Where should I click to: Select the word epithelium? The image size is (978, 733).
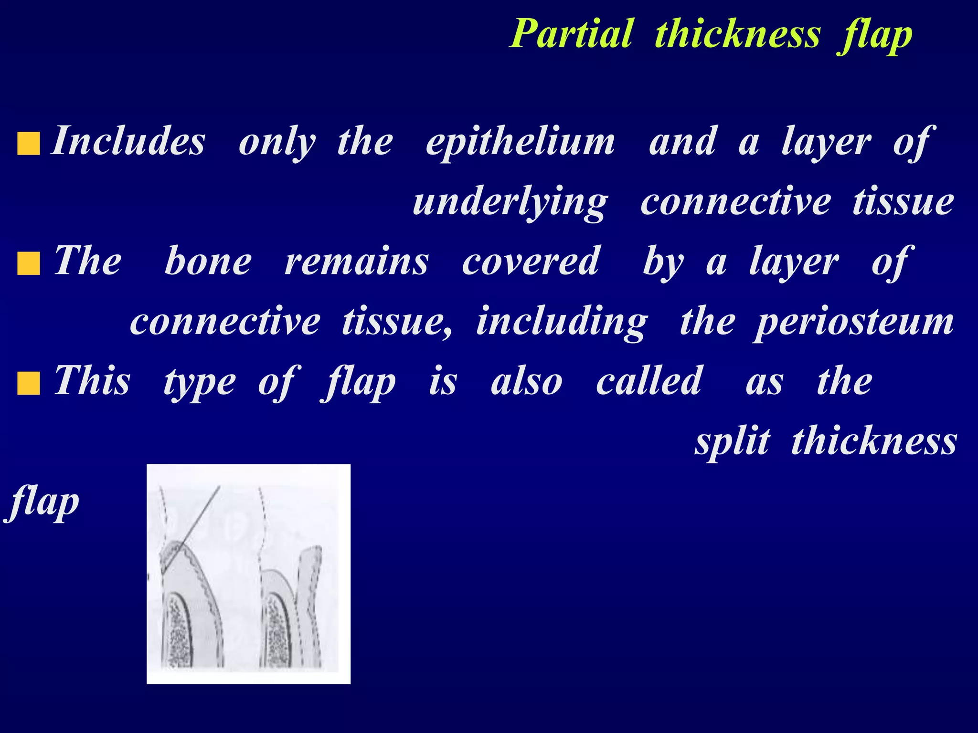[520, 142]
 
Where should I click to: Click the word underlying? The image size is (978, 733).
[510, 202]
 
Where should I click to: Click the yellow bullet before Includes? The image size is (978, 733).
[28, 144]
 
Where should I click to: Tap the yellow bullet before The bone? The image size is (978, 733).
[28, 264]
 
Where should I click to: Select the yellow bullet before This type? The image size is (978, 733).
[28, 384]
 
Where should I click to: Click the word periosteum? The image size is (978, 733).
[854, 322]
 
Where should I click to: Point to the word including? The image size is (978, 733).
[562, 322]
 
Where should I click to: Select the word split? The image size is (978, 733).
[732, 441]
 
